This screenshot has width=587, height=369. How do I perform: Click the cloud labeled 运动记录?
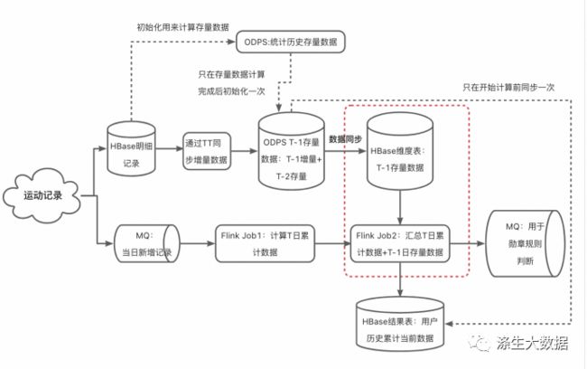(42, 195)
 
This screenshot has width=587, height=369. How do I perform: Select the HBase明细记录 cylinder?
(132, 148)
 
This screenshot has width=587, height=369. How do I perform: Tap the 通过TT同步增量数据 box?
(207, 151)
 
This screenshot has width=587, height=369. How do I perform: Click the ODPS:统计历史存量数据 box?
(291, 42)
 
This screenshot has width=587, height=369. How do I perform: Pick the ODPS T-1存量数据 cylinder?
(292, 151)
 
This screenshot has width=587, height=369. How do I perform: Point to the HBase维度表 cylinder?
(400, 151)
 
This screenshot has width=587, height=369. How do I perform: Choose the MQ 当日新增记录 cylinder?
(146, 243)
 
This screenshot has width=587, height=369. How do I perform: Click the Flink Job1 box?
(265, 243)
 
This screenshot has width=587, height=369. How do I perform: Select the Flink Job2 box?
(400, 243)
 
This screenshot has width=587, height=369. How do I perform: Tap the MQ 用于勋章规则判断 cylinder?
(525, 243)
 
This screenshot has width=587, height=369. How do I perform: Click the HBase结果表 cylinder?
(400, 325)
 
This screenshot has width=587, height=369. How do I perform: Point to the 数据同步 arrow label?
(345, 139)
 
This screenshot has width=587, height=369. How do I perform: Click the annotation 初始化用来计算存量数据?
(182, 27)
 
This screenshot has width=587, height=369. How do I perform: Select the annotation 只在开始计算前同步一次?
(508, 88)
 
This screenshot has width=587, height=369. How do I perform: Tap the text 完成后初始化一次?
(231, 91)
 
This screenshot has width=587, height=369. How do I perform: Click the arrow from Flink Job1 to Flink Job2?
(332, 243)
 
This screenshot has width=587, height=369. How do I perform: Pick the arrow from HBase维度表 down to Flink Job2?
(400, 207)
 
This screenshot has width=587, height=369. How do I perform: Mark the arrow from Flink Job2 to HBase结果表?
(400, 279)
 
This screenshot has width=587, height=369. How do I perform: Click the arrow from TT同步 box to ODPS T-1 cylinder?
(245, 151)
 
